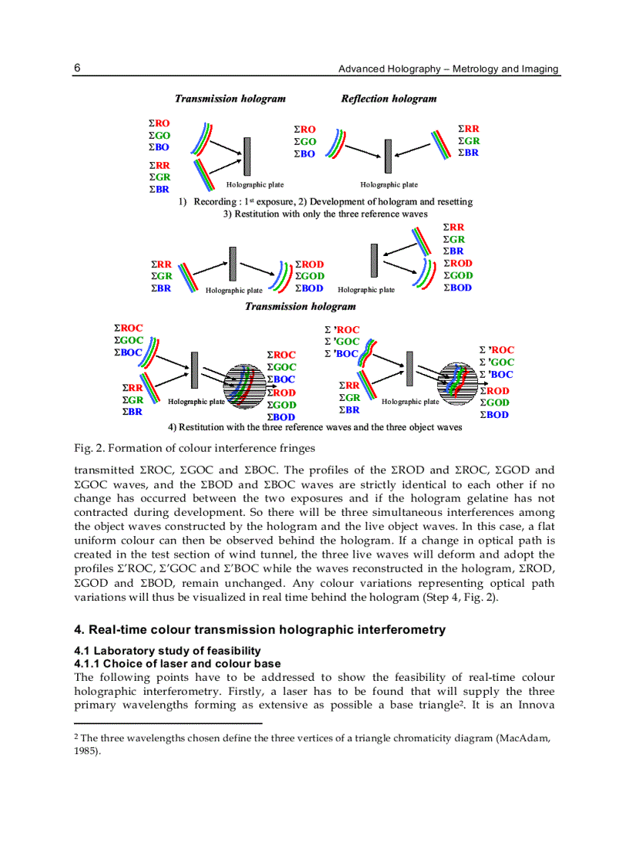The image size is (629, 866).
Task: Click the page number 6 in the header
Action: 78,68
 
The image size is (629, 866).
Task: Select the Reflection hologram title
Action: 388,99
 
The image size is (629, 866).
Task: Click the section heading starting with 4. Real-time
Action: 259,630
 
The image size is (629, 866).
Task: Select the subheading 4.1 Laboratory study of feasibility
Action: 167,651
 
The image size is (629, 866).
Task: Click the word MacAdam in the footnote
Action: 522,738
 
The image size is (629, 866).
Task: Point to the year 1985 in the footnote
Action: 85,750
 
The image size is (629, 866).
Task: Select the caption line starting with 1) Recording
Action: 325,202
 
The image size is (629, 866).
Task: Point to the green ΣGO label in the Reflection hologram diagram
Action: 305,142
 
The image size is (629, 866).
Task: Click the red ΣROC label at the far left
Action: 128,329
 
